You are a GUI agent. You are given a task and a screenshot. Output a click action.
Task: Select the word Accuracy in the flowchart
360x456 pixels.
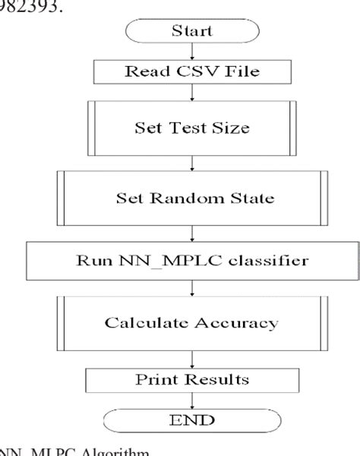(240, 322)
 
